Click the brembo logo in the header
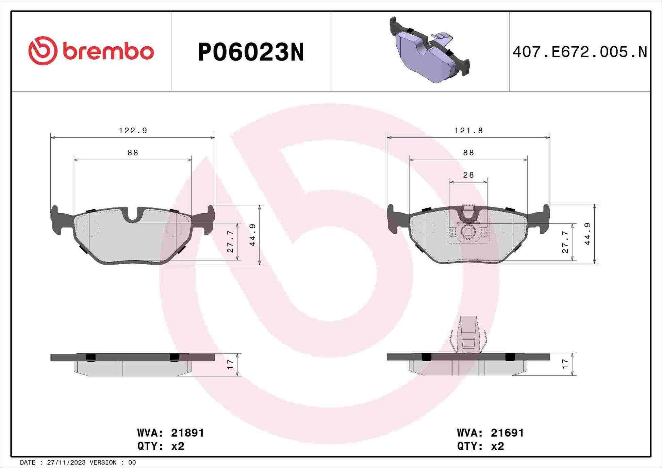[91, 51]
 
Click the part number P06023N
[251, 52]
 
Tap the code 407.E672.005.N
[580, 52]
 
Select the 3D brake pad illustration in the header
[429, 50]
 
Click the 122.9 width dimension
[133, 131]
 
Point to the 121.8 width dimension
[468, 131]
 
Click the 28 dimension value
[468, 175]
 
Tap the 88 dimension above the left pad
[133, 153]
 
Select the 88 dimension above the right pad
[468, 153]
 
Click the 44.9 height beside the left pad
[252, 235]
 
